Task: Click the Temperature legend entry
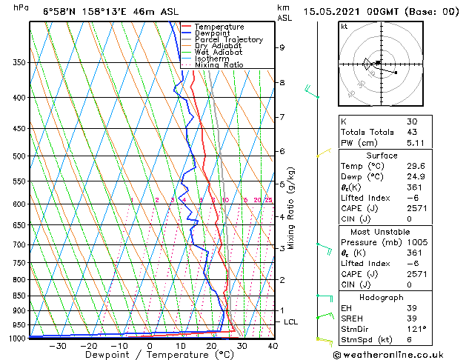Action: (x=220, y=27)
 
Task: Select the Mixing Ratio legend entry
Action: (x=219, y=65)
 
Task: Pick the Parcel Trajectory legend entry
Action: (x=229, y=39)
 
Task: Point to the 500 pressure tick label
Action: (x=20, y=156)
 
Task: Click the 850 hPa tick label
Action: (x=20, y=296)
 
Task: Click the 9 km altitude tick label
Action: (x=282, y=47)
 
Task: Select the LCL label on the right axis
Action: (x=291, y=322)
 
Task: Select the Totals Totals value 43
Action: (x=412, y=132)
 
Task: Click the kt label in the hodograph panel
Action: (x=344, y=27)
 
